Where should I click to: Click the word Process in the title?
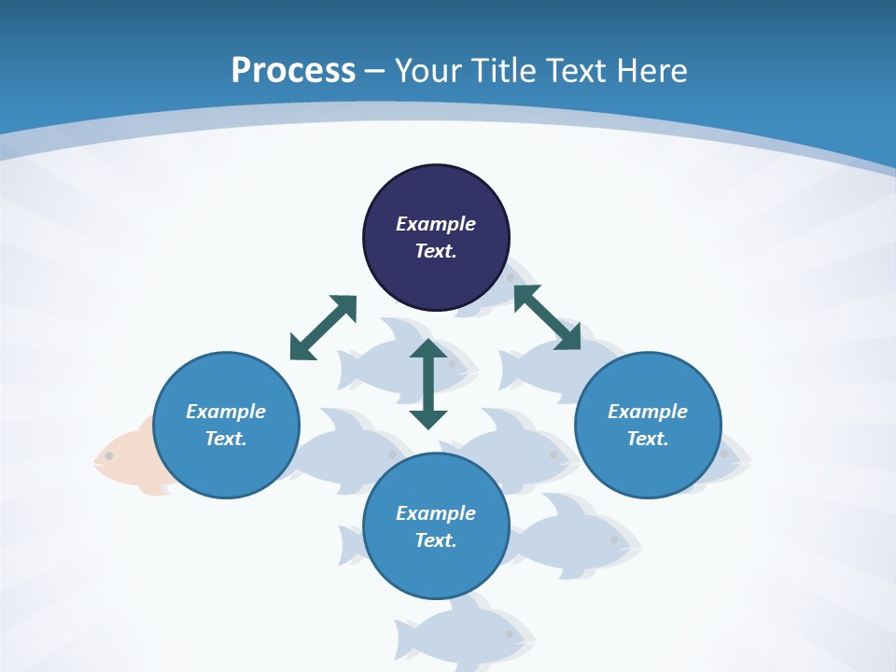click(x=293, y=71)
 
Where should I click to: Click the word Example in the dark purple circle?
click(x=436, y=224)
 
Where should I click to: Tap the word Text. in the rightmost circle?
click(x=648, y=439)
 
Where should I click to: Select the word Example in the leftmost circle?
click(x=226, y=412)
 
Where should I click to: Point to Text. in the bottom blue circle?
click(x=436, y=540)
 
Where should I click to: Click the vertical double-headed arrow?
click(x=428, y=384)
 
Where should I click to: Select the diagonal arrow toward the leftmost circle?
click(x=323, y=328)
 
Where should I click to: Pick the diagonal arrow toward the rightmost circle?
click(x=547, y=317)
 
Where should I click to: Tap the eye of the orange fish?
click(x=109, y=455)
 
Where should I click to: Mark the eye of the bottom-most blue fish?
click(x=509, y=634)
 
